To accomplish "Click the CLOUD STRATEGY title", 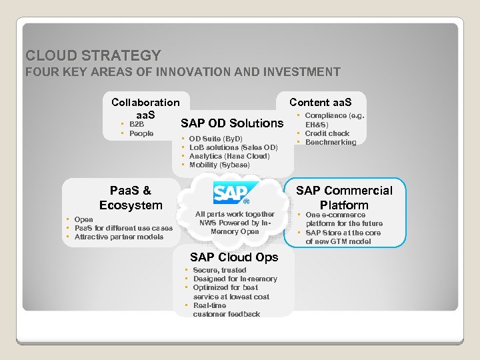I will click(x=93, y=55).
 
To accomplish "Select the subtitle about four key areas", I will click(x=183, y=72).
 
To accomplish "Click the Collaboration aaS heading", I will click(x=145, y=108).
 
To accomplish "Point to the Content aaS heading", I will click(x=320, y=102).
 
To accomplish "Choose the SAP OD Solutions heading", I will click(x=232, y=123).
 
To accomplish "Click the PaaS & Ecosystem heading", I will click(x=131, y=198).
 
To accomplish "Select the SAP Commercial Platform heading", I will click(x=344, y=198).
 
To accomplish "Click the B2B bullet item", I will click(x=136, y=124).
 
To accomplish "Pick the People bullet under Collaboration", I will click(x=141, y=133).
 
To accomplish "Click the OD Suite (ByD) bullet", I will click(x=216, y=139).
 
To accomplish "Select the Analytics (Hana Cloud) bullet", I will click(x=229, y=156).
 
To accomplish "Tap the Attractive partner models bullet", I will click(x=119, y=237).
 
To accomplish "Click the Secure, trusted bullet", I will click(x=219, y=270).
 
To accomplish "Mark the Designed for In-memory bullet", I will click(x=235, y=279).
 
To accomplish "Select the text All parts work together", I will click(x=235, y=214).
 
